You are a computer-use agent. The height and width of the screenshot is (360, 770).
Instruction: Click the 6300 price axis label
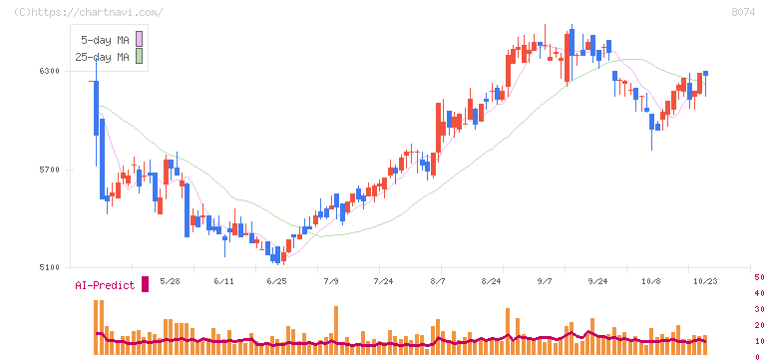(49, 71)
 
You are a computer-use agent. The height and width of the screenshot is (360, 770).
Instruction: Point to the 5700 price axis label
(49, 170)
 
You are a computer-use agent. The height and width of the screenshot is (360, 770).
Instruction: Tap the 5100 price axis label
(49, 267)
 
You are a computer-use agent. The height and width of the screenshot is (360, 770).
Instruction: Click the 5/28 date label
(170, 281)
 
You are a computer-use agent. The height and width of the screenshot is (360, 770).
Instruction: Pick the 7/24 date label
(383, 281)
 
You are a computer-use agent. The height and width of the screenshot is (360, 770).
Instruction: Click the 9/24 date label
(597, 281)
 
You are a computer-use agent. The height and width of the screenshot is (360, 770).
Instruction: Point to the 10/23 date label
(704, 281)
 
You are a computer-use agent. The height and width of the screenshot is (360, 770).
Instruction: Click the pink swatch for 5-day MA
(139, 39)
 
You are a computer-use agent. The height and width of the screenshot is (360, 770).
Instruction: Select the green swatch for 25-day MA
(139, 56)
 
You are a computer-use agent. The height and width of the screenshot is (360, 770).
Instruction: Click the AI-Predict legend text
(105, 285)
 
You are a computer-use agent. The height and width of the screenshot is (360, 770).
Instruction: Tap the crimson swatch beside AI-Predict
(145, 284)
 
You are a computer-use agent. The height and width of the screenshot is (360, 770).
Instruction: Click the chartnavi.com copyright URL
(89, 12)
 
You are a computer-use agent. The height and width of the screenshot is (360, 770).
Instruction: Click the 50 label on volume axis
(759, 277)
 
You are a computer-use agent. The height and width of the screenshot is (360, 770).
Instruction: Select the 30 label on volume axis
(759, 309)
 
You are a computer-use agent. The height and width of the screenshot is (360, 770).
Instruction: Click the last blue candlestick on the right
(706, 73)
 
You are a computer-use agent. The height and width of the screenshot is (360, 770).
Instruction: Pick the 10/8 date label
(650, 281)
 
